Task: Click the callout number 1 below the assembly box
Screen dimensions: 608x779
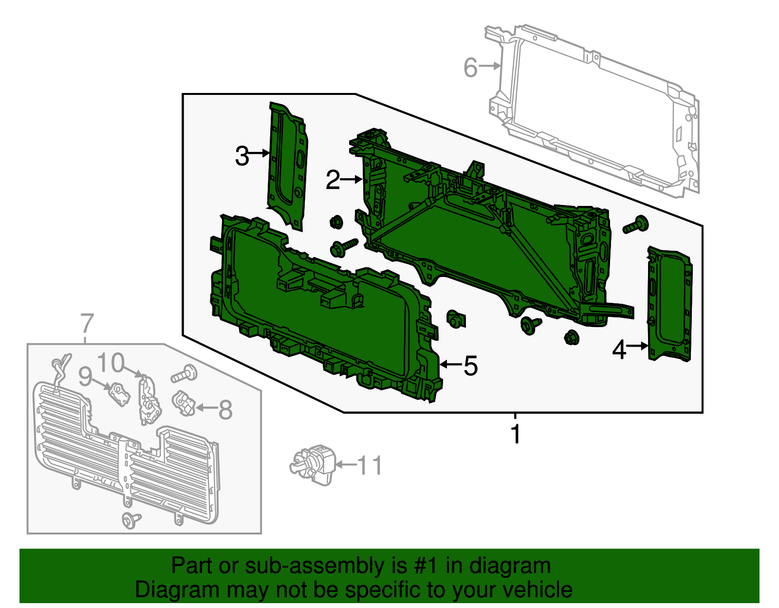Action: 516,434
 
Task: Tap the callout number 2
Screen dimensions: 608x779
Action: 333,180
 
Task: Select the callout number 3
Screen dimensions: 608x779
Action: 241,156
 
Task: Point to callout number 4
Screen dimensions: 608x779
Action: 618,349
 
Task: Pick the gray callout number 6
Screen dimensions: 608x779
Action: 470,67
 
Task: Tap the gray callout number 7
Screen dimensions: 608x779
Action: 87,323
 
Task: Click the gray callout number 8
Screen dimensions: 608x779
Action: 225,409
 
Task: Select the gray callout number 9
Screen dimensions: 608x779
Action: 85,376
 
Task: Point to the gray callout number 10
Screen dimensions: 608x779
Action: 111,363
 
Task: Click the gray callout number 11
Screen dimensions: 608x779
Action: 370,466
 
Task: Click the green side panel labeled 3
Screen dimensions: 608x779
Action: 287,166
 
